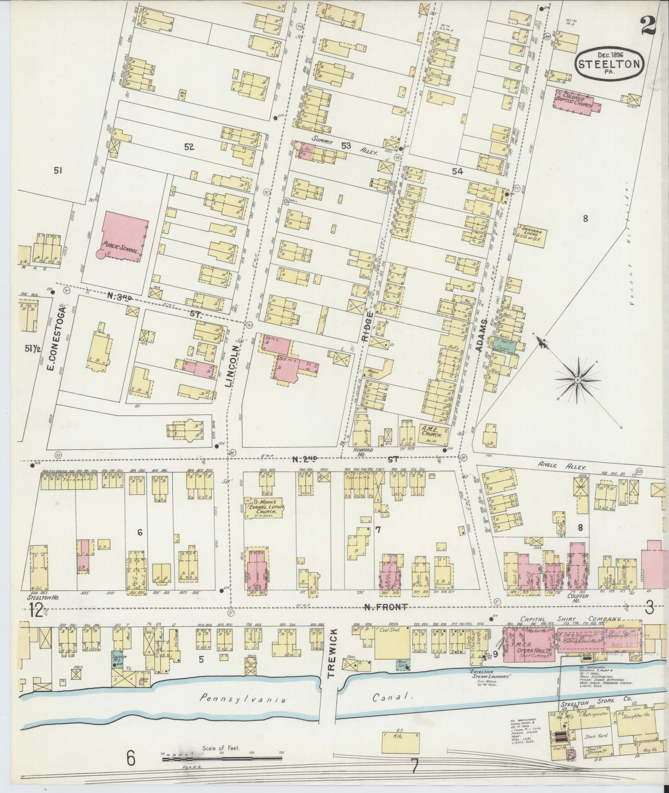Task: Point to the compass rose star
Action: coord(577,380)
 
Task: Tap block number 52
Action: coord(188,147)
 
